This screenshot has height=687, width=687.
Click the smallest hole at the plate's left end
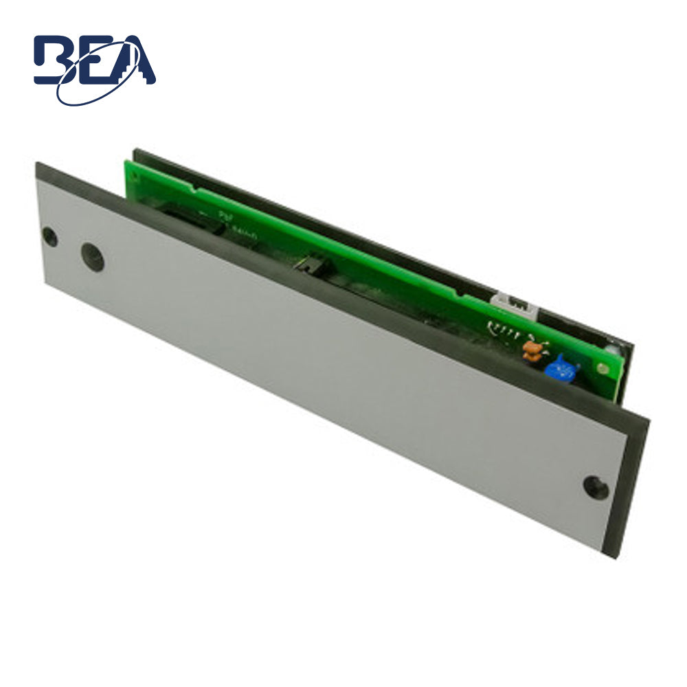tap(49, 237)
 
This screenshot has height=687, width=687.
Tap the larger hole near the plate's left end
tap(92, 256)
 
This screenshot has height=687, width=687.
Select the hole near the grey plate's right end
tap(595, 486)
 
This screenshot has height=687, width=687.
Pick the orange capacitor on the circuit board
tap(532, 350)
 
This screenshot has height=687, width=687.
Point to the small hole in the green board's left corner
tap(130, 169)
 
